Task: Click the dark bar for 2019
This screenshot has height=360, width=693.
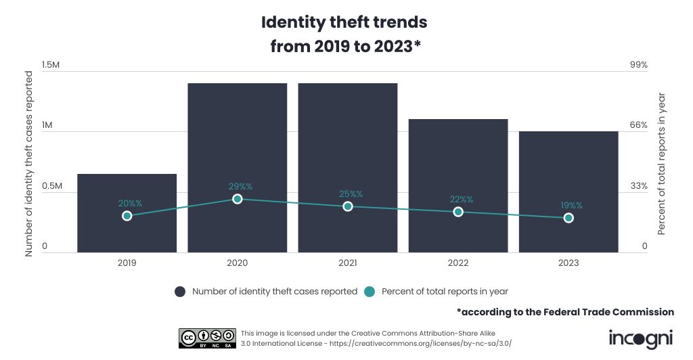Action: [127, 230]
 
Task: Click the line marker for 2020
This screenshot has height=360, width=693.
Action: [238, 199]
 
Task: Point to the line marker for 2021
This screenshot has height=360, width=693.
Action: [348, 206]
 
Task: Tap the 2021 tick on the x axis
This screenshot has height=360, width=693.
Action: [348, 263]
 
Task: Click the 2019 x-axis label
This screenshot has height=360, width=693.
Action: [127, 263]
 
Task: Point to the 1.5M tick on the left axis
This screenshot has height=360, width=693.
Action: [51, 65]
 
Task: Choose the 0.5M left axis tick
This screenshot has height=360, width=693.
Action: [51, 186]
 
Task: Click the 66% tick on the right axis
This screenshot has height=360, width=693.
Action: [640, 125]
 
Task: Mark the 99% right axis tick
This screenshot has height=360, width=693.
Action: [640, 65]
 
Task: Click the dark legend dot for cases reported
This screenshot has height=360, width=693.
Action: [180, 292]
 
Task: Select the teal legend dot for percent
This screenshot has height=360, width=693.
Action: [370, 292]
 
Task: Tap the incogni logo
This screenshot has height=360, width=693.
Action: [641, 338]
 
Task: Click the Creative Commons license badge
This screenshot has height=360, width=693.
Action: [207, 338]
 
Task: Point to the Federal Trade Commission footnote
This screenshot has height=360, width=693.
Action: [565, 312]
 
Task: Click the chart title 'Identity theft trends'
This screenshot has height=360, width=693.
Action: [344, 22]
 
